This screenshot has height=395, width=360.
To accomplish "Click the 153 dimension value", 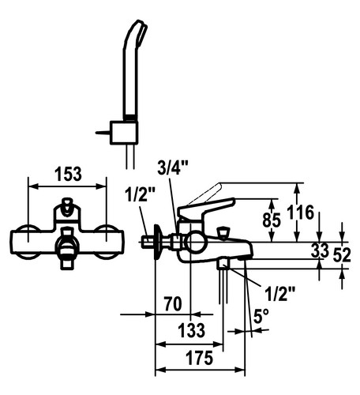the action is (x=68, y=174).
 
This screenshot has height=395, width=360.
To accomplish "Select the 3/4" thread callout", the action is (x=173, y=167).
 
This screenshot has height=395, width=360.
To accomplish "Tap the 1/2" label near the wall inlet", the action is (x=141, y=194).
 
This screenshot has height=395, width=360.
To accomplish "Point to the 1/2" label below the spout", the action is (x=279, y=293).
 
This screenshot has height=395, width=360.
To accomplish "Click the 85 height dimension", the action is (x=272, y=220).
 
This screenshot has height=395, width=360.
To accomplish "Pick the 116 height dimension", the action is (x=301, y=213).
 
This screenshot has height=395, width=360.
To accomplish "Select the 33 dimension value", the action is (x=320, y=250).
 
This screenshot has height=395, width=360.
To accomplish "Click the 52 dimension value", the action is (x=342, y=255).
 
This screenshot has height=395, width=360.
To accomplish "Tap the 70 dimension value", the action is (x=173, y=303).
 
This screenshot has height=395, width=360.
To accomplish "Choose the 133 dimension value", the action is (x=192, y=330).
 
